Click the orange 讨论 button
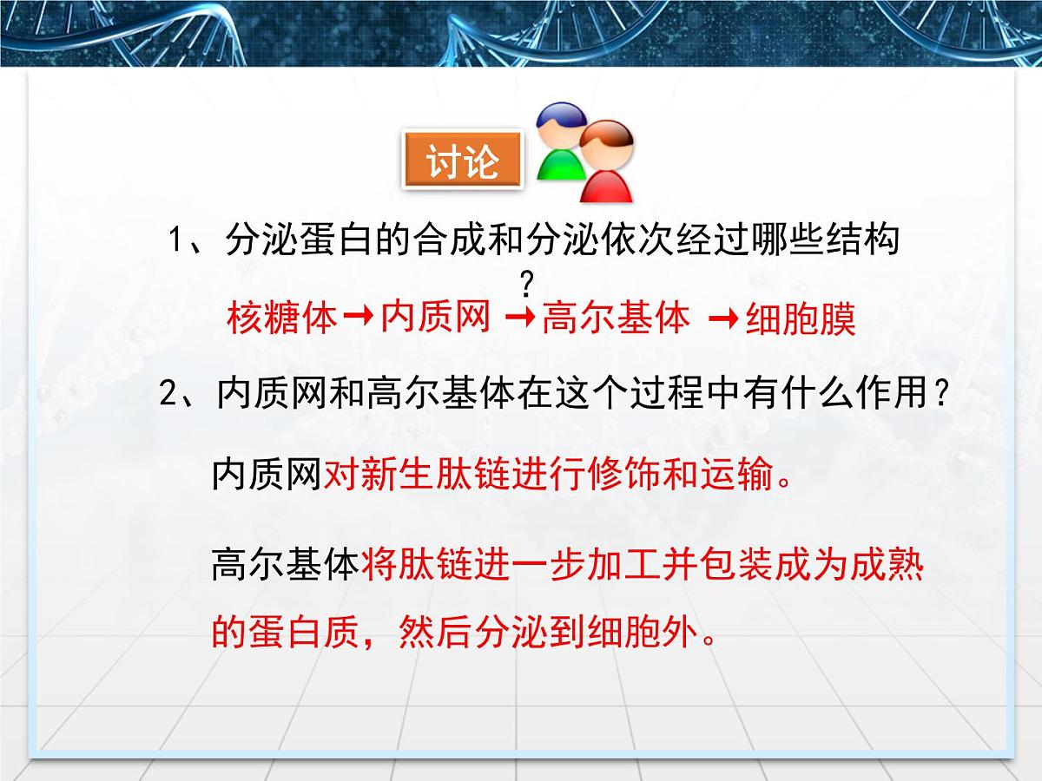pos(463,161)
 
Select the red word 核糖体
pos(281,318)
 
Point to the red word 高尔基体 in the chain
pos(616,318)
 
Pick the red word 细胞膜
pos(801,319)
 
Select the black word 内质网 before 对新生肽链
pos(267,476)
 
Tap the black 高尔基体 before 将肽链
pos(285,567)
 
